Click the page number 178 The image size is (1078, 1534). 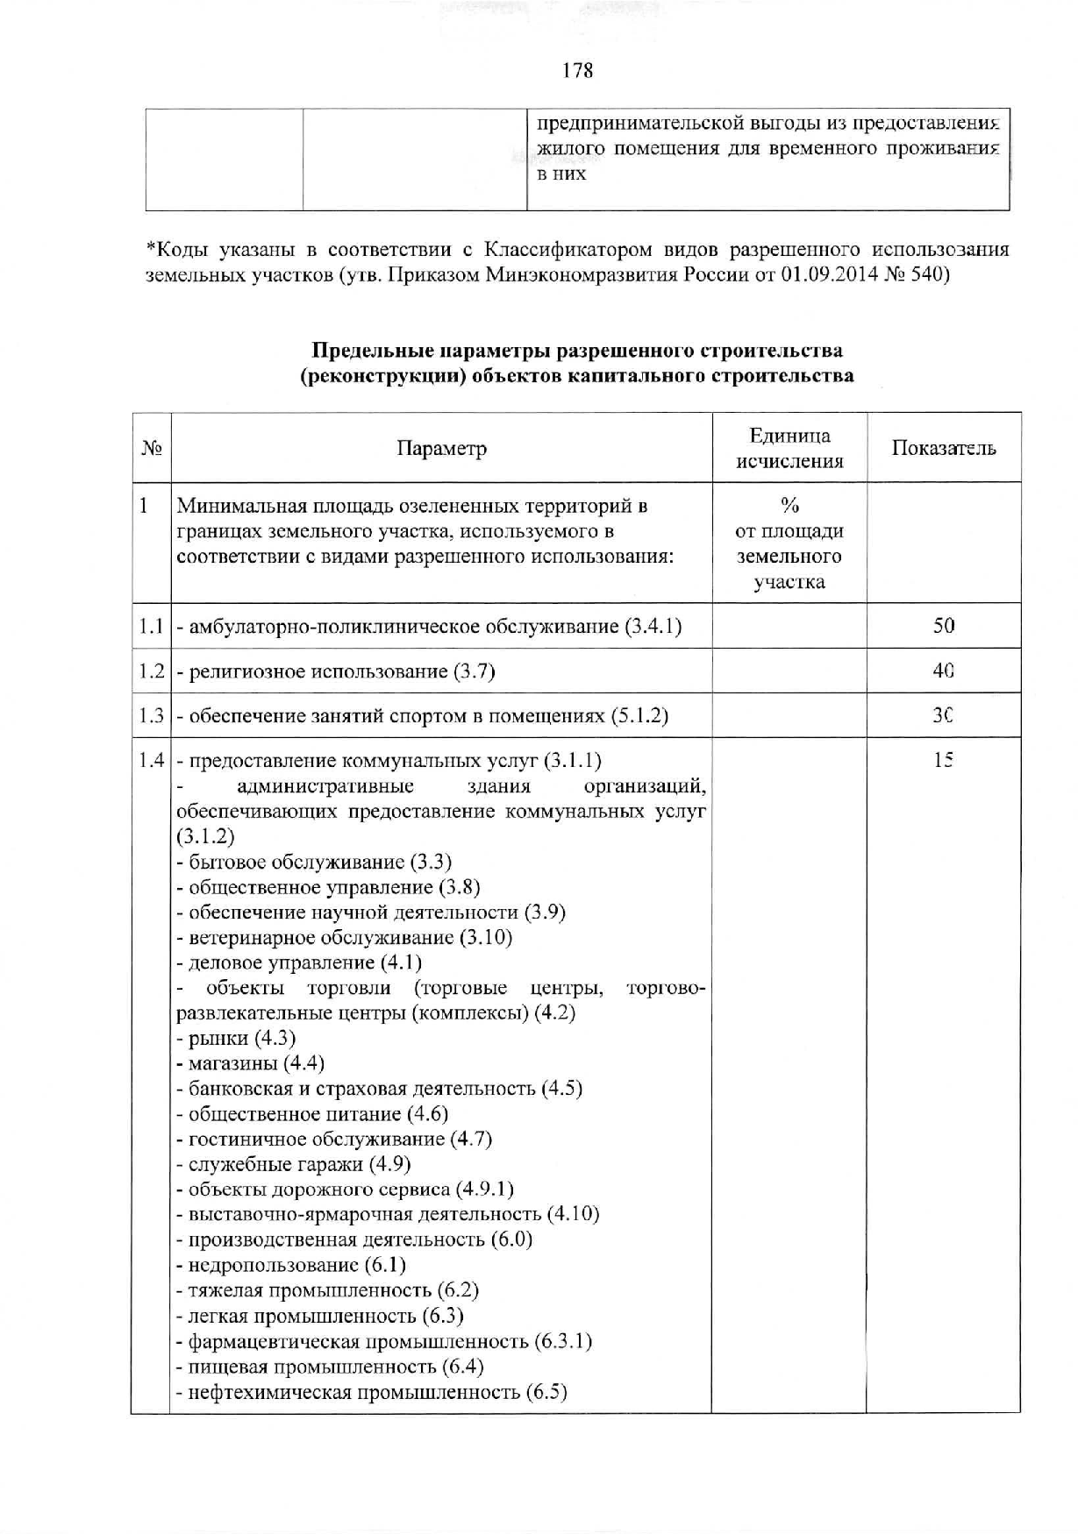[577, 71]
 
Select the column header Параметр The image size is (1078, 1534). [441, 449]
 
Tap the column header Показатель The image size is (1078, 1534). [944, 449]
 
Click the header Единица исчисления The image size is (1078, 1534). [789, 449]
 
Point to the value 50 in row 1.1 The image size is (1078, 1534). [944, 626]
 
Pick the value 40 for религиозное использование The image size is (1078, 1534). [944, 671]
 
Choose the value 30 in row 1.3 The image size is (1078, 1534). [944, 716]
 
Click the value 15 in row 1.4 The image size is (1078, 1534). [944, 761]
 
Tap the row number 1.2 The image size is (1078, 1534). [152, 671]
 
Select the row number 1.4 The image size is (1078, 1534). [152, 761]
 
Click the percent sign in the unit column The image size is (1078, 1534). [789, 506]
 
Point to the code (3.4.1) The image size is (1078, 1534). [653, 627]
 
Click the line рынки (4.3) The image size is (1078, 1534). [237, 1039]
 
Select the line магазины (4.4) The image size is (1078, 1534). [251, 1063]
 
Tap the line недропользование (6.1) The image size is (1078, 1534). [291, 1265]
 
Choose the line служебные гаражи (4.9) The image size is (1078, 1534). [294, 1164]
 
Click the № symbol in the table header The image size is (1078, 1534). [152, 449]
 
